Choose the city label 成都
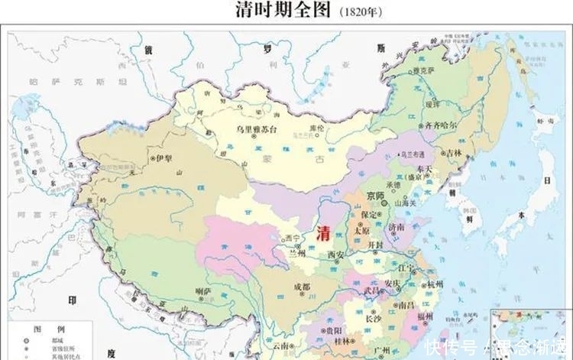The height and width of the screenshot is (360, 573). (303, 287)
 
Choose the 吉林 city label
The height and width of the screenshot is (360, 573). (455, 153)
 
